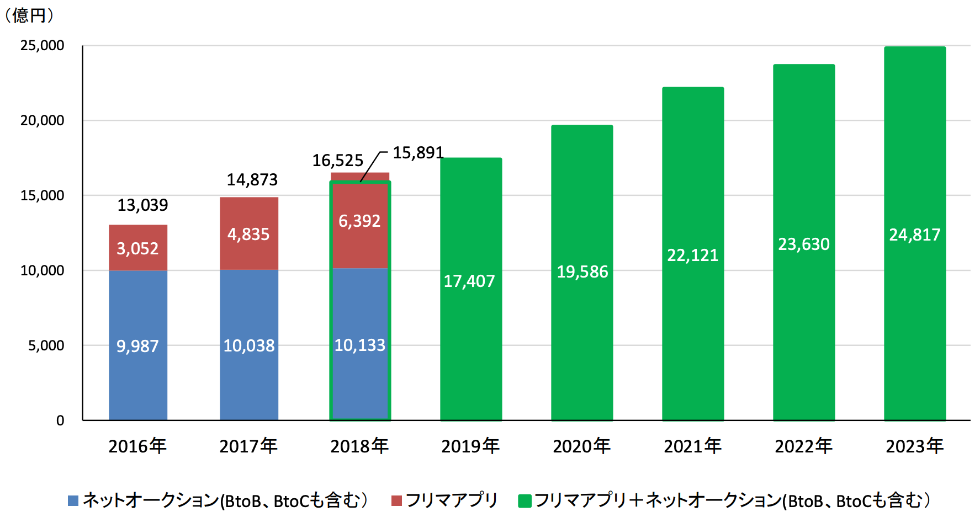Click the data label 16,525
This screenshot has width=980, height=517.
tap(337, 161)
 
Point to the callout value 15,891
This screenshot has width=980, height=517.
tap(418, 153)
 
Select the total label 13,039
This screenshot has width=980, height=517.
tap(142, 205)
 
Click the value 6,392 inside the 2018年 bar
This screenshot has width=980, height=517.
tap(359, 221)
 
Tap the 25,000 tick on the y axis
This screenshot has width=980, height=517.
tap(42, 46)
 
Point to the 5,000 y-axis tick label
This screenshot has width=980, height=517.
tap(46, 346)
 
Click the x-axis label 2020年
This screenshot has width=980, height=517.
tap(581, 446)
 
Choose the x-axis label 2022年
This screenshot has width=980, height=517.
tap(803, 446)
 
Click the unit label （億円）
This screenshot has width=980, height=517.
tap(29, 15)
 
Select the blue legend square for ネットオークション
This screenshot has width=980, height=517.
tap(73, 500)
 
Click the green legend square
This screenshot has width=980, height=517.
tap(525, 500)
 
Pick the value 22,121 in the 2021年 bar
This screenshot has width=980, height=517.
tap(692, 255)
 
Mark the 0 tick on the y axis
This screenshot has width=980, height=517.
tap(60, 421)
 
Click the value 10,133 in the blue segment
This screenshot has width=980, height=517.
tap(359, 345)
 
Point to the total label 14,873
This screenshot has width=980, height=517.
tap(252, 180)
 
